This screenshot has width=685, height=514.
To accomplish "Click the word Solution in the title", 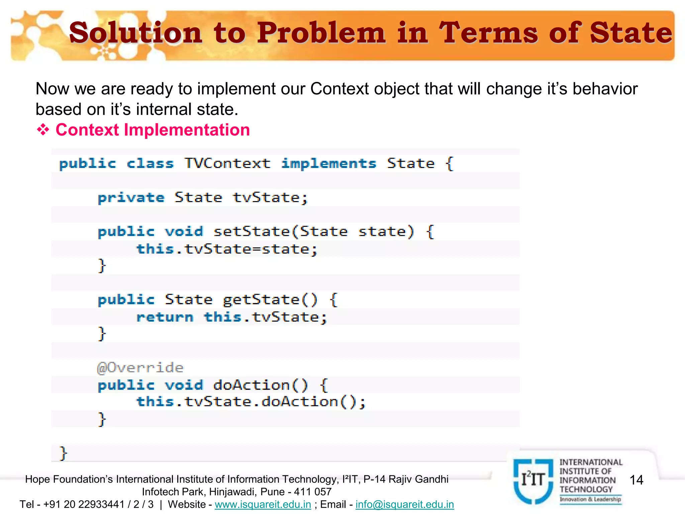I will tap(135, 32).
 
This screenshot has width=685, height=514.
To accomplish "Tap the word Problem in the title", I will tap(321, 32).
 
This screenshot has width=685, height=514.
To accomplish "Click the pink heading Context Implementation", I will tap(153, 130).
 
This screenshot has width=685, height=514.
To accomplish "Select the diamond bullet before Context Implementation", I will tap(43, 130).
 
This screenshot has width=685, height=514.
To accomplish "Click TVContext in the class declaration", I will tap(227, 164).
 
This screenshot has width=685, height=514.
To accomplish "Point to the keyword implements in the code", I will tap(328, 164).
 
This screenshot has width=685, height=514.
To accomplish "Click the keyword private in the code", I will tap(131, 198).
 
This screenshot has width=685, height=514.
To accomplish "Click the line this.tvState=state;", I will tap(226, 249).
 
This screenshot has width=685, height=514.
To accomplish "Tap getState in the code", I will tap(261, 299).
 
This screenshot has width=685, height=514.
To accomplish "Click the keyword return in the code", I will tap(165, 317).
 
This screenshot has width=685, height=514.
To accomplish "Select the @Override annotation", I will tap(140, 368).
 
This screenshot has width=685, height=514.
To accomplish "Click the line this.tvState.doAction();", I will tap(251, 402).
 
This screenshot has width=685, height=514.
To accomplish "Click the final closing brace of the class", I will tap(63, 453).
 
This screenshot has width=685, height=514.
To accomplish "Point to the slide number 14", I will tap(636, 480).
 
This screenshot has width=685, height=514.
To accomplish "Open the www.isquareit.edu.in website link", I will tap(263, 504).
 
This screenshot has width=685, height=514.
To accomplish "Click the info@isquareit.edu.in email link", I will tap(404, 504).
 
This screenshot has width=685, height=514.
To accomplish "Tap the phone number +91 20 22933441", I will tap(84, 504).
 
